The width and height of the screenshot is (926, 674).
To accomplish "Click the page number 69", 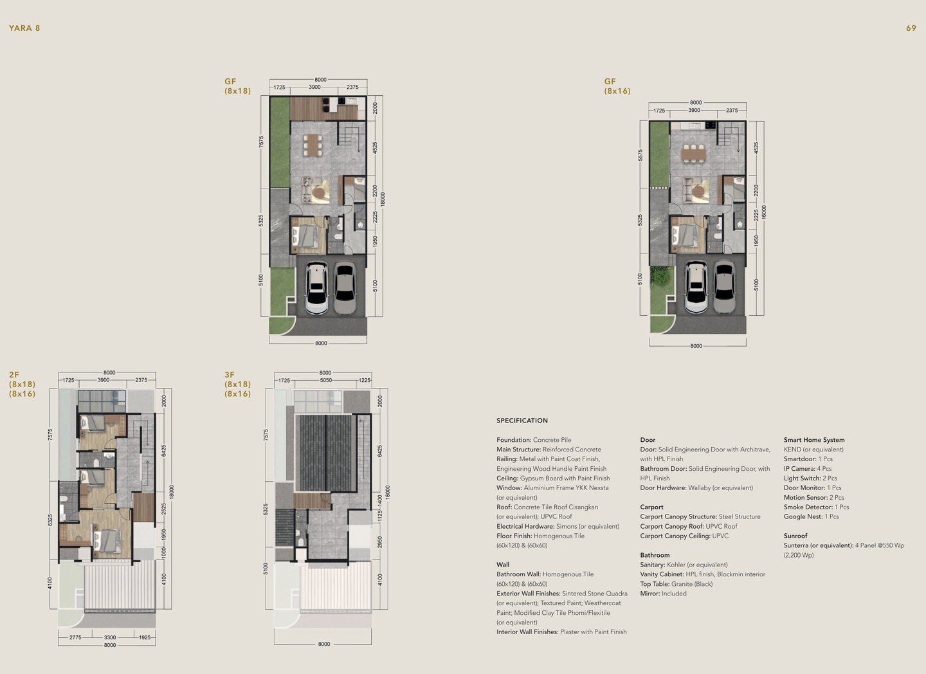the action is [x=911, y=28].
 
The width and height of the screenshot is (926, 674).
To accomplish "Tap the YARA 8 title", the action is [x=24, y=28].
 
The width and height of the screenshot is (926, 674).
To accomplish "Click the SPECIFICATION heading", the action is [x=522, y=421].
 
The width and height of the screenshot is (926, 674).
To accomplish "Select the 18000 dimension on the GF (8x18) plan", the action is [x=383, y=199].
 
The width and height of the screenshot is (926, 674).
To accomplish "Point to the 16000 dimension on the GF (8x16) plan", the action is [x=764, y=212].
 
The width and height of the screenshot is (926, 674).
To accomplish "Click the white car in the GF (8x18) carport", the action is [x=316, y=287].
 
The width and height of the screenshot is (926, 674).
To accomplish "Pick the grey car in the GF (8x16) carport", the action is [x=724, y=287].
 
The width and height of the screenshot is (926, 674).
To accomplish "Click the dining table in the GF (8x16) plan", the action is [x=694, y=154].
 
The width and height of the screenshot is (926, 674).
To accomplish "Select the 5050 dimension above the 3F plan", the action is [x=326, y=380].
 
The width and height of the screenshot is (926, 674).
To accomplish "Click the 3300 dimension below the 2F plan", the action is [x=110, y=637].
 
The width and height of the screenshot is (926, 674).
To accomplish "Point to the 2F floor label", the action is [x=14, y=375].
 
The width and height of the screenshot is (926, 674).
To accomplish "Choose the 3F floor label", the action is [x=230, y=375].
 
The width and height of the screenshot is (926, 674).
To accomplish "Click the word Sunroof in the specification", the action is [x=795, y=536].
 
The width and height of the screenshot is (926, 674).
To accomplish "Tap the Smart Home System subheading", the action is [x=814, y=439].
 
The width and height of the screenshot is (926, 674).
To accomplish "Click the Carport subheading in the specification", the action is [x=652, y=507].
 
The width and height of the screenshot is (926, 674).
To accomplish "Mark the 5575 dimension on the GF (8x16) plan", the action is [x=640, y=155].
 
